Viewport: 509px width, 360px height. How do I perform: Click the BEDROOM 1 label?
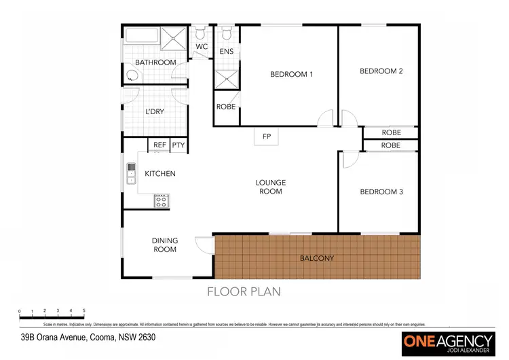point(291,74)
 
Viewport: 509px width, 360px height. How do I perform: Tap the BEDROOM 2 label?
point(381,71)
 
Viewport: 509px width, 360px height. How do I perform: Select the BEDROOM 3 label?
point(381,192)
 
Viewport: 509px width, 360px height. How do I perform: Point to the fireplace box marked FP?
point(267,137)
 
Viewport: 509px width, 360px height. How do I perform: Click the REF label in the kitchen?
point(159,145)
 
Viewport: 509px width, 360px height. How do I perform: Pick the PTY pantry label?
point(178,145)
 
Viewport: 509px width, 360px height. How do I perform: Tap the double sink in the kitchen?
point(131,174)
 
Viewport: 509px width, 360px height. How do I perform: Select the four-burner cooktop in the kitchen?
point(162,200)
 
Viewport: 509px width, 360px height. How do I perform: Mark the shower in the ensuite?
point(226,79)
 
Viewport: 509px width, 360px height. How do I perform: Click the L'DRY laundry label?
point(155,112)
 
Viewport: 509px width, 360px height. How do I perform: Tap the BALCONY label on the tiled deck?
point(317,258)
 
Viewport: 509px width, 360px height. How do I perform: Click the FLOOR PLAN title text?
point(244,292)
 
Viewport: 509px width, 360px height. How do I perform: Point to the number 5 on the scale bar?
point(84,310)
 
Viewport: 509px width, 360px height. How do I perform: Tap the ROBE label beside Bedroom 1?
point(226,107)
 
